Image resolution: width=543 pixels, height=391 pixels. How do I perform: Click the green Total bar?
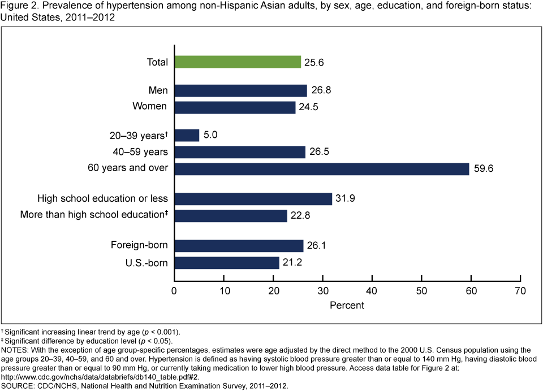click(238, 62)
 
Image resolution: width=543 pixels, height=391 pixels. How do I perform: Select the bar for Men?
click(240, 90)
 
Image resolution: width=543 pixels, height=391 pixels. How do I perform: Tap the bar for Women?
click(235, 107)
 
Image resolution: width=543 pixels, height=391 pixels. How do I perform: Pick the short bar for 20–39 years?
click(187, 136)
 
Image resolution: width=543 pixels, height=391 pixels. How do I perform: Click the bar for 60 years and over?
click(321, 168)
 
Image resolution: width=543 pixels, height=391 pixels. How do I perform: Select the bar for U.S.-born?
click(226, 263)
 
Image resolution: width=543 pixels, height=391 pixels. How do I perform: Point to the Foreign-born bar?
click(239, 246)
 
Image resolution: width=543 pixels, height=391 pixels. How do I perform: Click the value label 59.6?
click(484, 168)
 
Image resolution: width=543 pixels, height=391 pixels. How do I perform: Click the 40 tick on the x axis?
click(372, 291)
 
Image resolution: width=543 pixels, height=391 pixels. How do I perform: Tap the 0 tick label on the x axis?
click(174, 291)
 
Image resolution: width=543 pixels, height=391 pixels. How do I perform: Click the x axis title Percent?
click(347, 305)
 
